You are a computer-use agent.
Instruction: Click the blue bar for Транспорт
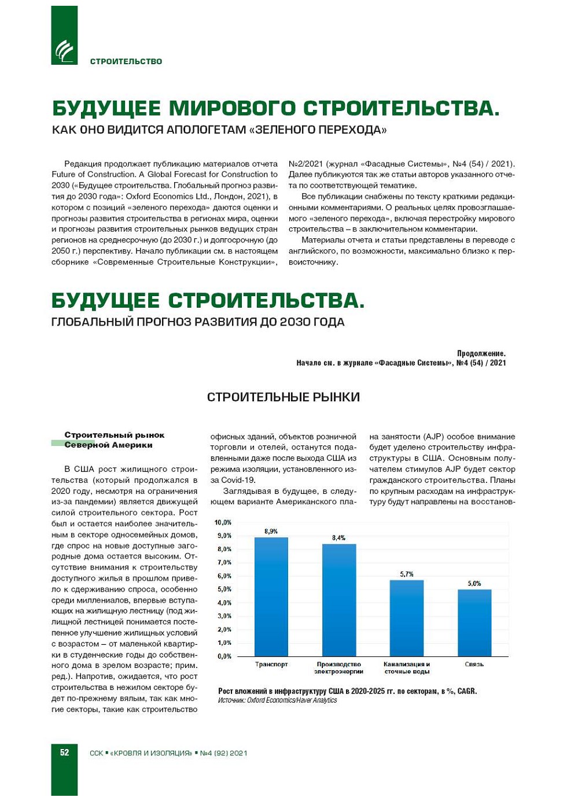click(271, 596)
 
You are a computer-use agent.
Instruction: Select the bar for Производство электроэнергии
click(339, 600)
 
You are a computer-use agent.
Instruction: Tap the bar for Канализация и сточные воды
click(407, 618)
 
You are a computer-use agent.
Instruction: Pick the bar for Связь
click(474, 622)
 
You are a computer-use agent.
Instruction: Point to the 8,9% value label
click(271, 531)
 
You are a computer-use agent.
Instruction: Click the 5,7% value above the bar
click(407, 574)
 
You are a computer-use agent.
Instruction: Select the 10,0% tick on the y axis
click(223, 522)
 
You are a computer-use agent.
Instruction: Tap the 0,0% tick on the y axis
click(224, 656)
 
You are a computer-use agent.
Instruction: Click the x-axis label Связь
click(474, 665)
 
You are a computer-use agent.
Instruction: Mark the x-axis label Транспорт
click(271, 665)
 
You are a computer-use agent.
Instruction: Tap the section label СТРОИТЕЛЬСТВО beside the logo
click(126, 61)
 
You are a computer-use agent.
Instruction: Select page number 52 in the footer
click(64, 752)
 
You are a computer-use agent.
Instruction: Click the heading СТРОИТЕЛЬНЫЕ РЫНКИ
click(283, 397)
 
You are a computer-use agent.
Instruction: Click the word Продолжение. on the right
click(481, 353)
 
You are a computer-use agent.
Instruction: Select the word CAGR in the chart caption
click(466, 691)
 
